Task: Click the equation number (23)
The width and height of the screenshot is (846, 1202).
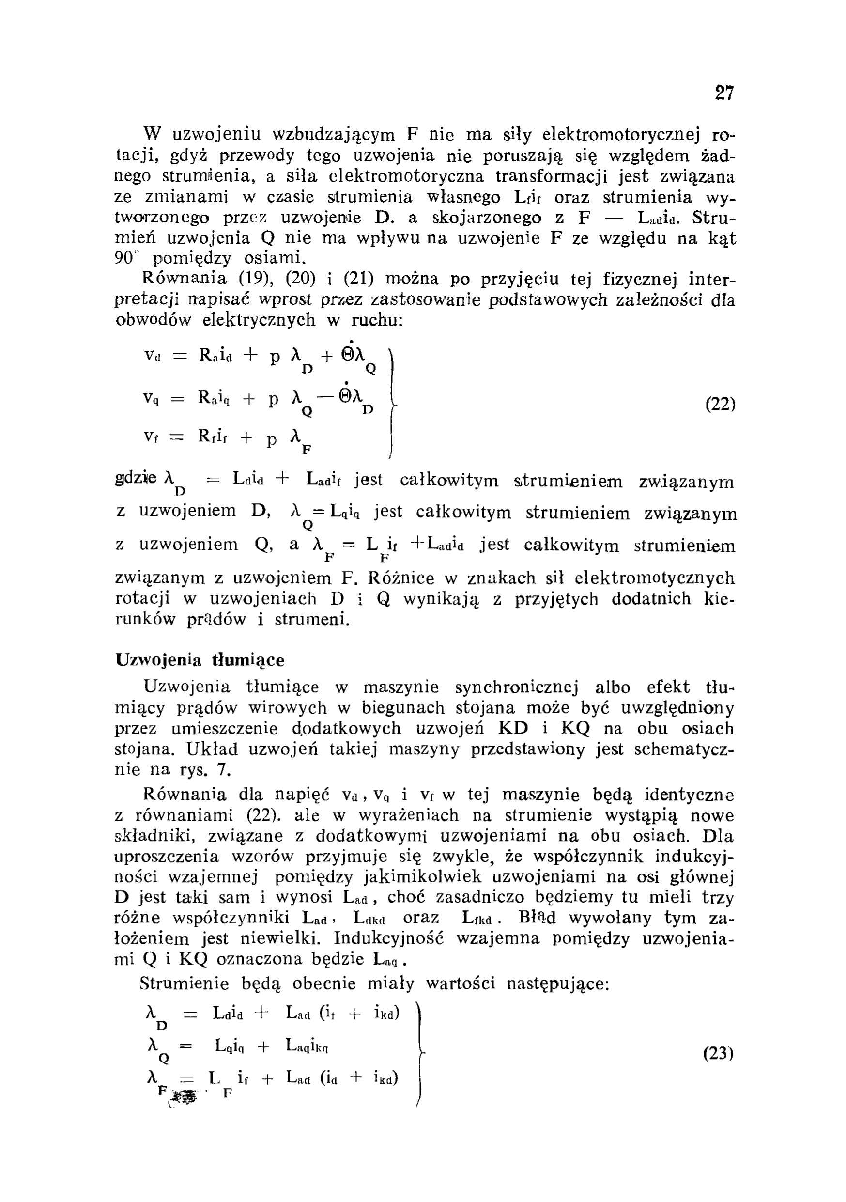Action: [x=719, y=1052]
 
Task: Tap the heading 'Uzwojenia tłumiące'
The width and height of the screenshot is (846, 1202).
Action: [x=200, y=660]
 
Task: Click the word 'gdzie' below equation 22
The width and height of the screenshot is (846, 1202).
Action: [x=136, y=479]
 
